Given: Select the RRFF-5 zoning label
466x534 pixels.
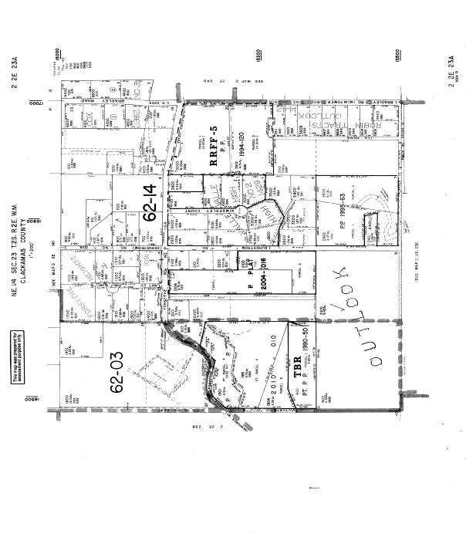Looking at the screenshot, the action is (x=217, y=140).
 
